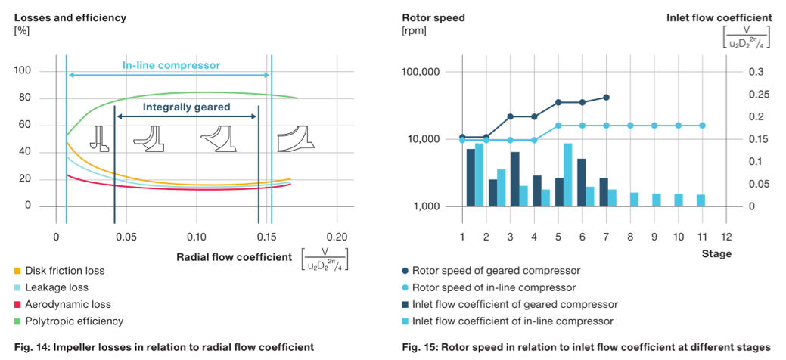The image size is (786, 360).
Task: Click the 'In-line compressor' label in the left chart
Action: (171, 65)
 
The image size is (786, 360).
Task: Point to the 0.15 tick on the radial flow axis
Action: (267, 237)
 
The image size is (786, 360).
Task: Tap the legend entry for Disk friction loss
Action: (65, 271)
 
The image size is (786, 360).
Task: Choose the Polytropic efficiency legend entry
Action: (74, 321)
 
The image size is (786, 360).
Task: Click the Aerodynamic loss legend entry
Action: (68, 305)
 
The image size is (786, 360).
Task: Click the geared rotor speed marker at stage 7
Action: (607, 97)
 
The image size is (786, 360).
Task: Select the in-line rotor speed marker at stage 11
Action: (701, 126)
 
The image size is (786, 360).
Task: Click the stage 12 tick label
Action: (725, 237)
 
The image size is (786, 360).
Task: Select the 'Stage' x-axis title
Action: (716, 254)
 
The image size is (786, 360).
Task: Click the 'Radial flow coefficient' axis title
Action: (234, 257)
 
